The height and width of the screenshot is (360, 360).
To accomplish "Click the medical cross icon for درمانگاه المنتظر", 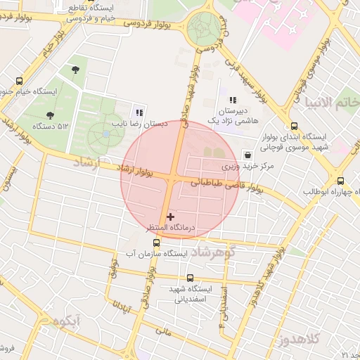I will coord(171,217).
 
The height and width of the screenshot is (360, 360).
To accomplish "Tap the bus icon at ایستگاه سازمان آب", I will coord(156,243).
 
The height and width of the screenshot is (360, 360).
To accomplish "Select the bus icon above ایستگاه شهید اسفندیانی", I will coord(190,278).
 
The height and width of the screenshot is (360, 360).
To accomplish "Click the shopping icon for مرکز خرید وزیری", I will coord(246,155).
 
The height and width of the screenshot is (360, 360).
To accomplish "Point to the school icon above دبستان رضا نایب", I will coord(139,112).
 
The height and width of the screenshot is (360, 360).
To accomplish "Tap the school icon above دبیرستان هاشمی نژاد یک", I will coord(233,101).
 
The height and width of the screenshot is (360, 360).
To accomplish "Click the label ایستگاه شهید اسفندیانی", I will coord(191,293).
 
